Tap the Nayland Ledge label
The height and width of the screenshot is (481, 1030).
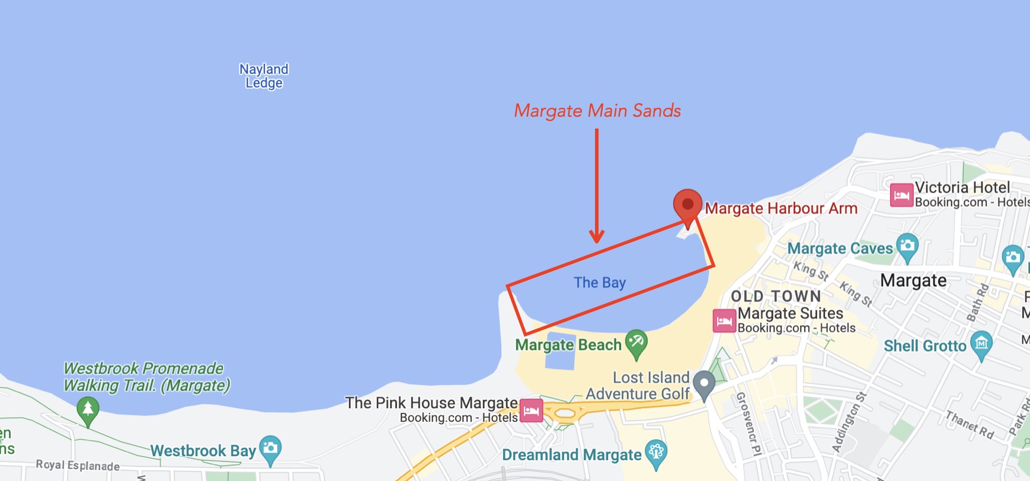[x=264, y=76]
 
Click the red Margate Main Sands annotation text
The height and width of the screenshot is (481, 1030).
[x=597, y=111]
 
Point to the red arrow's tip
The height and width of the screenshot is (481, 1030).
[x=597, y=240]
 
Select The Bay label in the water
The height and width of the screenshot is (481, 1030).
[x=600, y=283]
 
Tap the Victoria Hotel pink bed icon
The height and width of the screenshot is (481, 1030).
[x=901, y=195]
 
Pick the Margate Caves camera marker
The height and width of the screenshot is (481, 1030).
[x=907, y=246]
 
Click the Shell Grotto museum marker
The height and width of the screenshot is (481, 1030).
[x=981, y=344]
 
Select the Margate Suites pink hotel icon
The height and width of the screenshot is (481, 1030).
[x=724, y=321]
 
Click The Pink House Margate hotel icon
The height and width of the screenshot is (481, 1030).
[x=531, y=410]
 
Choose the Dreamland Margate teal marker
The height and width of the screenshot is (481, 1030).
[x=656, y=453]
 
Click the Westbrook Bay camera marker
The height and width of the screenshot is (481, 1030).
[x=270, y=448]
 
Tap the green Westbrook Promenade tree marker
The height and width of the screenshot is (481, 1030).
[x=88, y=409]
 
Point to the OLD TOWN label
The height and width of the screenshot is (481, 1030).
[x=776, y=296]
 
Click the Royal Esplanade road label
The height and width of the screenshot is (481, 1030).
[x=78, y=465]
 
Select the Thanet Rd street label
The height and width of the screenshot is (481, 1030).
[x=970, y=425]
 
